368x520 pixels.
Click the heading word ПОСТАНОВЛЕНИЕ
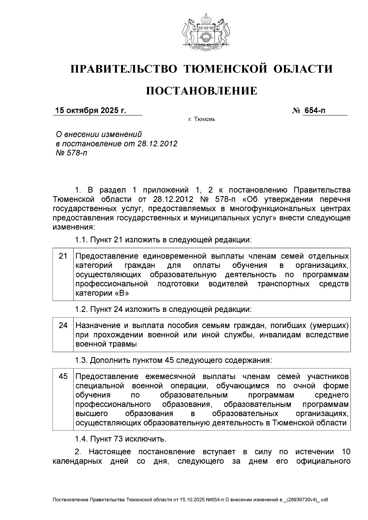tap(201, 91)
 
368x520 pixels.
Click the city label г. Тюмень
tap(201, 119)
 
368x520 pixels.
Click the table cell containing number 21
tap(63, 256)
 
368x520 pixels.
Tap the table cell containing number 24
tap(63, 325)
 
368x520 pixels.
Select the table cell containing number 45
tap(63, 376)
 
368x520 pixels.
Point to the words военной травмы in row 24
tap(106, 344)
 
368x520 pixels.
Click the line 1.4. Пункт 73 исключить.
tap(121, 439)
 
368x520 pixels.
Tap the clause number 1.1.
tap(81, 240)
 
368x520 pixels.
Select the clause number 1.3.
tap(81, 360)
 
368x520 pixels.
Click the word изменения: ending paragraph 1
tap(74, 227)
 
